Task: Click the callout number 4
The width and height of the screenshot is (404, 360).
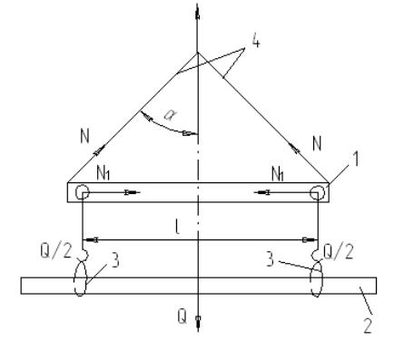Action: pos(256,42)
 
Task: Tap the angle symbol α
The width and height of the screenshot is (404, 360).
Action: pos(170,115)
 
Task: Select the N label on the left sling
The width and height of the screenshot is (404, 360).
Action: pos(85,136)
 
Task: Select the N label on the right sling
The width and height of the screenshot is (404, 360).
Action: pos(317,143)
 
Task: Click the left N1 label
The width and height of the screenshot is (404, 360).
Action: pos(103,173)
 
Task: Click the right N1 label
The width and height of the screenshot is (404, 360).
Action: pos(278,174)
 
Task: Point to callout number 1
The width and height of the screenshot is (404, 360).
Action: pos(357,159)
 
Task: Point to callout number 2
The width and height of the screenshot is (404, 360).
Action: pos(368,326)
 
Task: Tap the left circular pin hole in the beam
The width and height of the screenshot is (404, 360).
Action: pos(82,192)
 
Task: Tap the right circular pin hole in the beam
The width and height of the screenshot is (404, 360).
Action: pos(318,192)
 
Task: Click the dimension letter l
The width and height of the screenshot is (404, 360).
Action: pos(177,227)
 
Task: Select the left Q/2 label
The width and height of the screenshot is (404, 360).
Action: pos(56,251)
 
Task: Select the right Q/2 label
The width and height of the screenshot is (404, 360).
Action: pos(339,252)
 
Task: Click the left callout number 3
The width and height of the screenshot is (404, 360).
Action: pos(115,260)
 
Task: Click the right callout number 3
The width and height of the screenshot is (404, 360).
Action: pos(271,259)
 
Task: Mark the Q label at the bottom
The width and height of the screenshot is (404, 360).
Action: pos(182,317)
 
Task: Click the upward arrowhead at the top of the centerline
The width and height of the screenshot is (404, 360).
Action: pos(198,13)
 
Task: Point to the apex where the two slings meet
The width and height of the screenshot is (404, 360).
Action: pos(198,53)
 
